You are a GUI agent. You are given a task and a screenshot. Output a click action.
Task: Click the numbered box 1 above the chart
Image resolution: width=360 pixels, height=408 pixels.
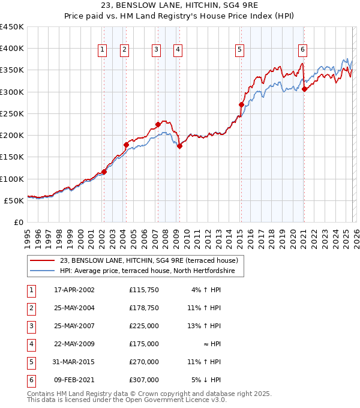(x=103, y=50)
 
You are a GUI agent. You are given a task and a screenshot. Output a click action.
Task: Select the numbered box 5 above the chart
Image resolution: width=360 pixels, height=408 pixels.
(x=239, y=50)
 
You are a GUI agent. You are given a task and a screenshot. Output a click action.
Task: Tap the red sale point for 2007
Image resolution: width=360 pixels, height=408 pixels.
(x=158, y=125)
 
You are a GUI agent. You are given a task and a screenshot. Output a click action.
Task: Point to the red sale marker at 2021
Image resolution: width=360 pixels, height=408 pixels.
(x=304, y=89)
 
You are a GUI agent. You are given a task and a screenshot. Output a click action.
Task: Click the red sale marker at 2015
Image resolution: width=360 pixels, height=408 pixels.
(x=241, y=105)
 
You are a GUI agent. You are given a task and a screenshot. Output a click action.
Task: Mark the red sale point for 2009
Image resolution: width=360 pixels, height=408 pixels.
(x=179, y=146)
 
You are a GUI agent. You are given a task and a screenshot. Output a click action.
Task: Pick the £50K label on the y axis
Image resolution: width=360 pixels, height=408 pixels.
(x=14, y=201)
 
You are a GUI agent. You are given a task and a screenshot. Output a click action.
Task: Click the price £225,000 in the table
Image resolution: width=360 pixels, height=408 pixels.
(x=144, y=326)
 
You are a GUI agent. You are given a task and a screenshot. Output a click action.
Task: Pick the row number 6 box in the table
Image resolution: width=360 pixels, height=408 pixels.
(x=30, y=380)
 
